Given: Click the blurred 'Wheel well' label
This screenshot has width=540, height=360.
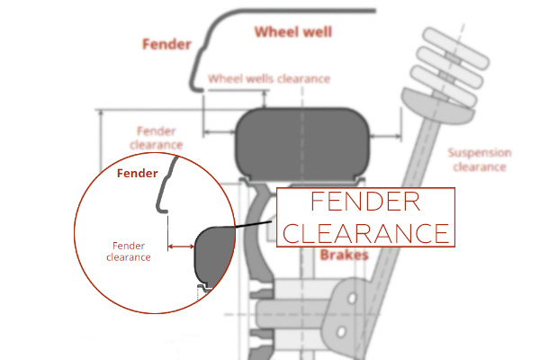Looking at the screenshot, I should (293, 33).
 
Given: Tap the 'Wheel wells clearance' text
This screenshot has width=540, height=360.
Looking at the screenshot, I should (268, 79).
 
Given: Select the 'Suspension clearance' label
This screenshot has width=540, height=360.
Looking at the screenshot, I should (480, 159).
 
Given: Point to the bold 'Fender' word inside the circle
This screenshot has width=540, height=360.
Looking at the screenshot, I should (138, 173).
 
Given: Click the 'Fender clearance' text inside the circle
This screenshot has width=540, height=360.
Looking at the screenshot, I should (128, 251).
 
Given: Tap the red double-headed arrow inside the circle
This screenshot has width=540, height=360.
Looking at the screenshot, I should (181, 245).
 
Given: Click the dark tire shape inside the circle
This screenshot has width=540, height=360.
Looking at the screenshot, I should (213, 254).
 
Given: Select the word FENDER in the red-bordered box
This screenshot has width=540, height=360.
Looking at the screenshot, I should (364, 202).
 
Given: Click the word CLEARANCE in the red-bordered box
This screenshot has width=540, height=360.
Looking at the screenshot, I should (365, 232).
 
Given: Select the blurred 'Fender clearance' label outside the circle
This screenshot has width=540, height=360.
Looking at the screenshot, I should (157, 137).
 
